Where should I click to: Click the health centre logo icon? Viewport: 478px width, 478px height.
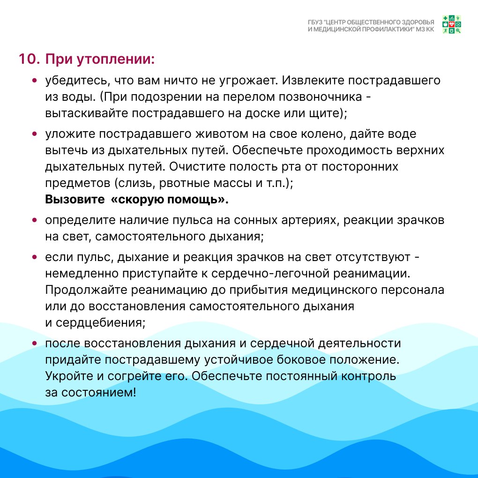(452, 24)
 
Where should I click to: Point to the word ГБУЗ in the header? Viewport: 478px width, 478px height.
(315, 22)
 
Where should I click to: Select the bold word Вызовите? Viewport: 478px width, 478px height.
(75, 200)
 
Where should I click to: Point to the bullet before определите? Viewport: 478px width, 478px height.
(35, 220)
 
